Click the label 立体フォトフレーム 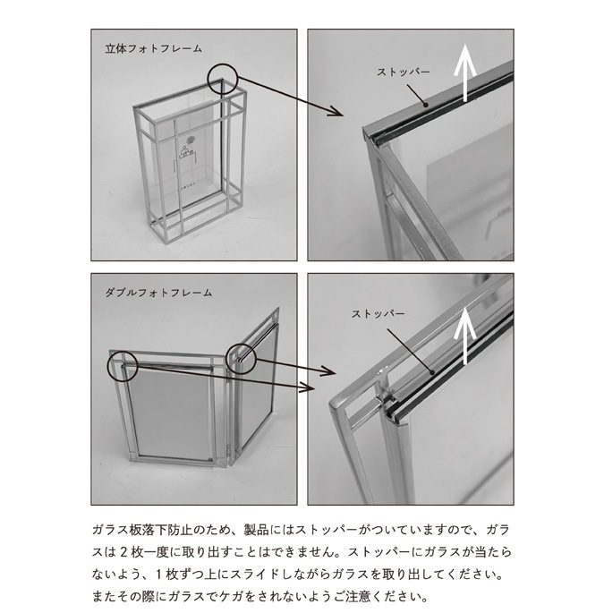[154, 48]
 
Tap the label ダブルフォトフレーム [158, 293]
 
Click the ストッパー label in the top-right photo [403, 72]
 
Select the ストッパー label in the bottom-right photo [378, 314]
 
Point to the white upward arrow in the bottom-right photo [464, 336]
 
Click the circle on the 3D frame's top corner [223, 79]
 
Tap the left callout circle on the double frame [123, 366]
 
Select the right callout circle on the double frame [241, 358]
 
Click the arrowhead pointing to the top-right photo [337, 112]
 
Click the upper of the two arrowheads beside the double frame [329, 370]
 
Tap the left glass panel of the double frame [172, 413]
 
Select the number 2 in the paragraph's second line [123, 552]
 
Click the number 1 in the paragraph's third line [159, 575]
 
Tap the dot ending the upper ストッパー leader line [425, 105]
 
